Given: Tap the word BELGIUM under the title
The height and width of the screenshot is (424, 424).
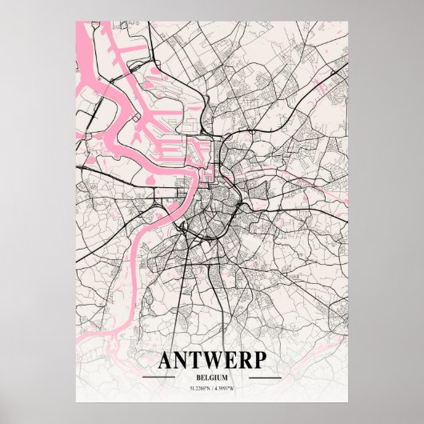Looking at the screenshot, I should click(x=211, y=376).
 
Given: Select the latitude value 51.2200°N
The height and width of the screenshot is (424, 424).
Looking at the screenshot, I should click(x=200, y=388).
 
